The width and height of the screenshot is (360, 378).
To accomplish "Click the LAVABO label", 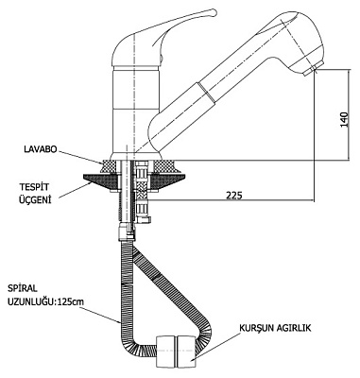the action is [41, 149].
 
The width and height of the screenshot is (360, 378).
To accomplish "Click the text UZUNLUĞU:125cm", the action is [46, 301].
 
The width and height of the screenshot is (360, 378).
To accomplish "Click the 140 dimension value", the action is [345, 120].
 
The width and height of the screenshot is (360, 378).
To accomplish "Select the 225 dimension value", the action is [234, 196].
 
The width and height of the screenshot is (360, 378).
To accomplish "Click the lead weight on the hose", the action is [176, 352].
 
